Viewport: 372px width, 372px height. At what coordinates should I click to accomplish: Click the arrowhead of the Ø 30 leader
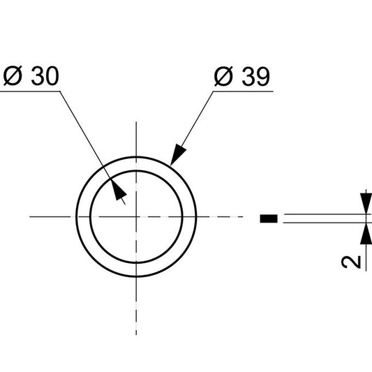[x=118, y=192]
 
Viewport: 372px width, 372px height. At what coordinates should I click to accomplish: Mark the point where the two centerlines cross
[x=136, y=216]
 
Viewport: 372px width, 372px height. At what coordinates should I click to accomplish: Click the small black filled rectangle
[x=269, y=219]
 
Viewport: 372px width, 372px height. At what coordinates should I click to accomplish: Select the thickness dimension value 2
[x=353, y=261]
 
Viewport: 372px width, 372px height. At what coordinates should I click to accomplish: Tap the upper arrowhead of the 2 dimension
[x=364, y=205]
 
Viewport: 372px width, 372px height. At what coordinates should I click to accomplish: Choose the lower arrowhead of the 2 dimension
[x=364, y=232]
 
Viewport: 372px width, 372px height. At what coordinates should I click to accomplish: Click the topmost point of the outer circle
[x=136, y=157]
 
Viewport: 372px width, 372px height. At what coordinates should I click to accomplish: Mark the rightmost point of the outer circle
[x=196, y=216]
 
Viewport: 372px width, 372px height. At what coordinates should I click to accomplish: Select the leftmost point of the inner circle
[x=90, y=216]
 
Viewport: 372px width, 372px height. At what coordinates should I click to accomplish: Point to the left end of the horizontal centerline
[x=30, y=216]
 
